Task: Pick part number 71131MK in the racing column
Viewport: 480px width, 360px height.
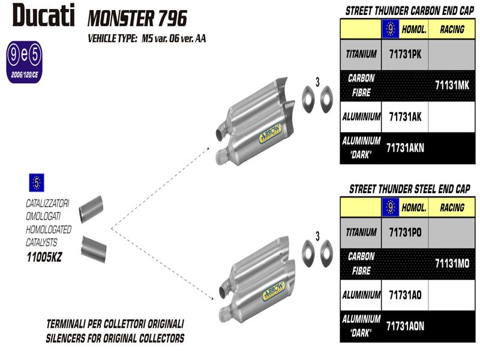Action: (x=451, y=85)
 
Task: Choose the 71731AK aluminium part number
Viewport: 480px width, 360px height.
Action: (x=405, y=117)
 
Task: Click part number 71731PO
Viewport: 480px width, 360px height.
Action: (x=406, y=232)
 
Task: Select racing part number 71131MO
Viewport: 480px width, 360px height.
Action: (x=451, y=263)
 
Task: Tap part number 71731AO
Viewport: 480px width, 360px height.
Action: (x=405, y=295)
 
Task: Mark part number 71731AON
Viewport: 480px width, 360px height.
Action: (x=405, y=326)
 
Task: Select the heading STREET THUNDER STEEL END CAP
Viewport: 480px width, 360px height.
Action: (x=409, y=189)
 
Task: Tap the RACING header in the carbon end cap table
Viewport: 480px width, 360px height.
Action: (x=452, y=29)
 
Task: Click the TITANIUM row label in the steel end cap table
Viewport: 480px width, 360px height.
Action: (x=361, y=232)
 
